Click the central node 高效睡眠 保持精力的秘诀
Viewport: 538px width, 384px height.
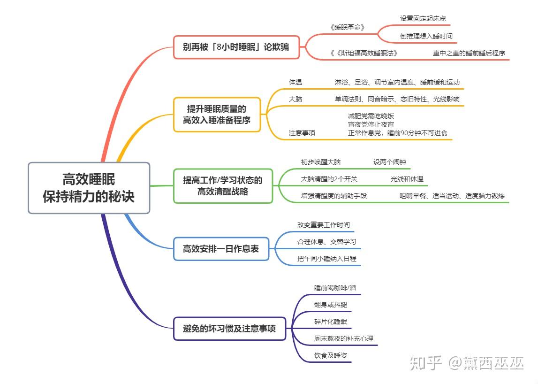coord(89,188)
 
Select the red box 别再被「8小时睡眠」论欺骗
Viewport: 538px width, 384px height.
coord(236,47)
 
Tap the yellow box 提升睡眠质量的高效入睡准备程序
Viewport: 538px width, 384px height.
coord(217,115)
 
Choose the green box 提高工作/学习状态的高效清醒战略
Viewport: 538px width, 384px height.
coord(223,186)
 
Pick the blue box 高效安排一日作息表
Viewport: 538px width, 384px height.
coord(221,249)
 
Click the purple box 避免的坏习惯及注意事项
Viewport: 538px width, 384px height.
coord(229,329)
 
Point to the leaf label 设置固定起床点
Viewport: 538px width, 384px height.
coord(423,19)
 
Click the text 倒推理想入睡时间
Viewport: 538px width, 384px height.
coord(426,36)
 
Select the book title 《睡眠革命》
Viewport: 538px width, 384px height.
coord(347,28)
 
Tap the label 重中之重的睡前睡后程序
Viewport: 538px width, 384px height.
coord(469,53)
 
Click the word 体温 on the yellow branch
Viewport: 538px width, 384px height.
coord(296,82)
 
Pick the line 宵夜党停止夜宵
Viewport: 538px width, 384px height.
coord(371,124)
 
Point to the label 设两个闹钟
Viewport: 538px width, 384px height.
coord(389,162)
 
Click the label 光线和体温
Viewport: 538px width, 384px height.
coord(407,179)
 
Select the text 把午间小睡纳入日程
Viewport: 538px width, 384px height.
coord(326,259)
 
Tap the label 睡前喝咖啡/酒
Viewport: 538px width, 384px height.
coord(335,288)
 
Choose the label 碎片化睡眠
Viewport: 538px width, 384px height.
coord(330,322)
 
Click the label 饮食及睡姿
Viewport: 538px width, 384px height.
coord(330,355)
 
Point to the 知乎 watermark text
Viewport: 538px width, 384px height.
coord(426,363)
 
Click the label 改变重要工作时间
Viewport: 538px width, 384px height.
coord(323,225)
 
